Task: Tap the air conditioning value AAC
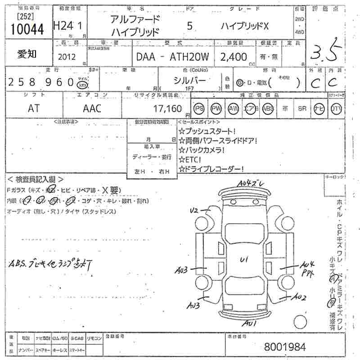(92, 108)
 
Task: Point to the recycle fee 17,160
(167, 108)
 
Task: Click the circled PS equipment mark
(199, 108)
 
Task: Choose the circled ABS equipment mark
(268, 108)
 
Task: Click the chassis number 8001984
(285, 346)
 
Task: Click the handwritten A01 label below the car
(249, 323)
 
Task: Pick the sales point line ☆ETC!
(190, 159)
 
